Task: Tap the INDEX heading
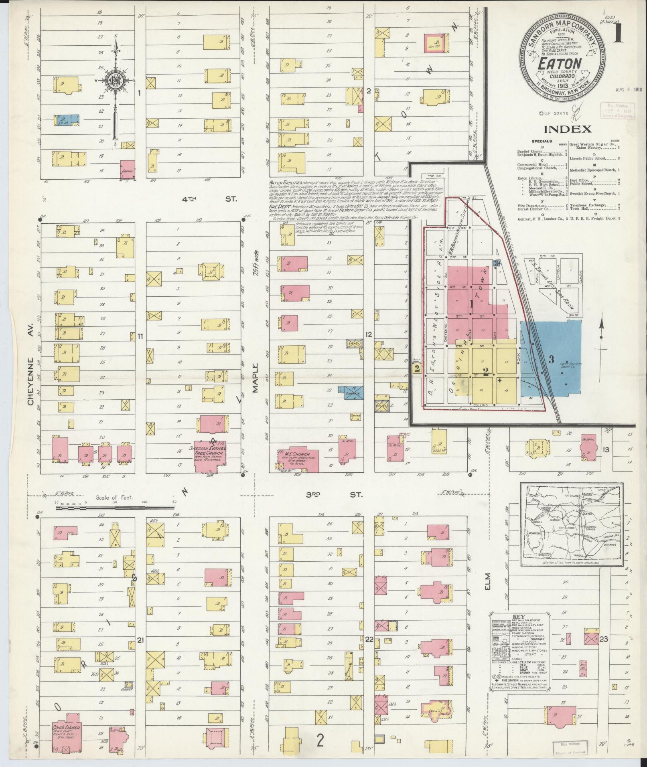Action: [568, 129]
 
